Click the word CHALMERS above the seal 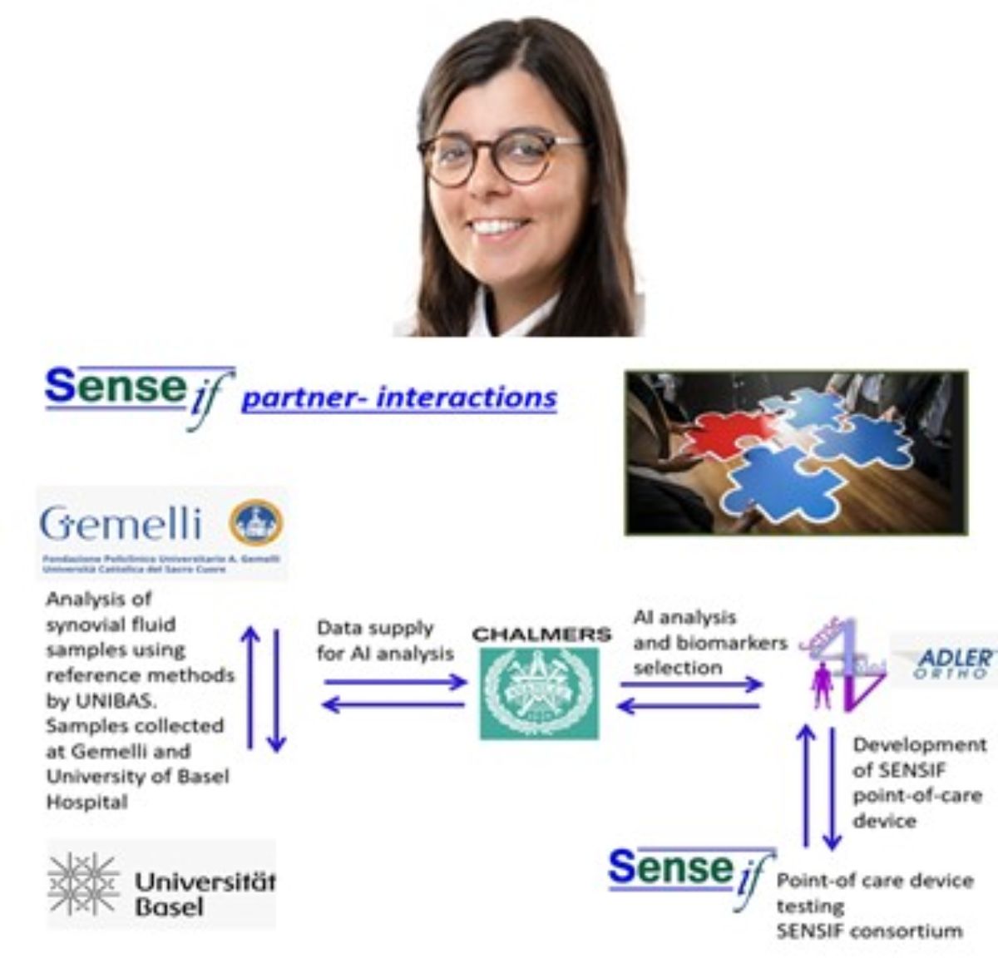(x=541, y=635)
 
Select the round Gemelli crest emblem (x=255, y=522)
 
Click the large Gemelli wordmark (x=121, y=524)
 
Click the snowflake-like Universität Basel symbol (x=83, y=884)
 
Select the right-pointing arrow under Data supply (x=395, y=683)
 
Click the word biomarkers (x=731, y=643)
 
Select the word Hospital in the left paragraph (x=86, y=802)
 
